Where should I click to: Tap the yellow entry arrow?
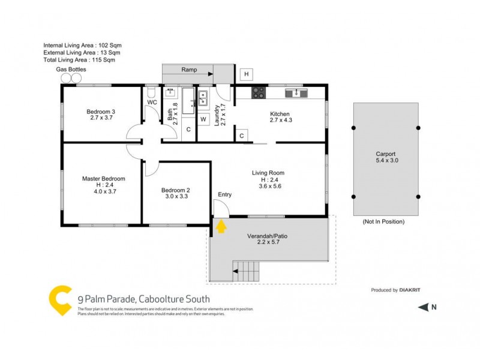click(221, 226)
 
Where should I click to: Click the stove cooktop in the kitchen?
click(259, 93)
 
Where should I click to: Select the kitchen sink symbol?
click(296, 93)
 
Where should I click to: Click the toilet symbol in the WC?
click(151, 93)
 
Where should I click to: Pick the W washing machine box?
click(203, 119)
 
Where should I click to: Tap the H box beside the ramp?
click(245, 74)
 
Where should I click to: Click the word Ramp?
click(189, 70)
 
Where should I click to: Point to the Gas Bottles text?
click(71, 70)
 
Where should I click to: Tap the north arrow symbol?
click(423, 308)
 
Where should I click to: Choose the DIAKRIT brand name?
click(410, 290)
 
